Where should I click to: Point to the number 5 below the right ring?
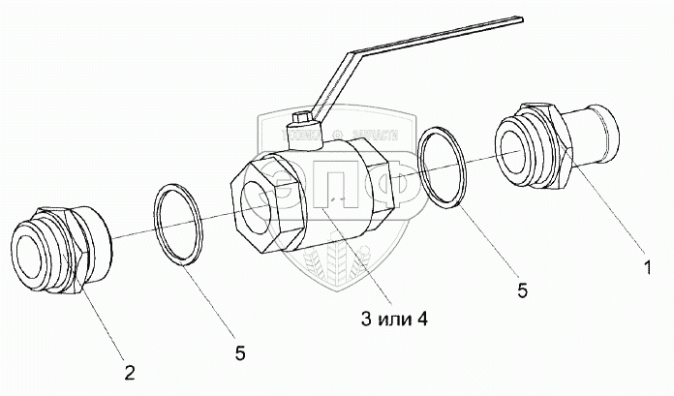(521, 289)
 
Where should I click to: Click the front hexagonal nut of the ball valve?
(266, 202)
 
